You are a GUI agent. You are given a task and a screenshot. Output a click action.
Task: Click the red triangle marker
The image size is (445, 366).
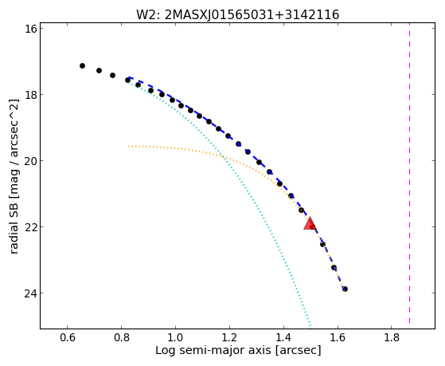pos(310,223)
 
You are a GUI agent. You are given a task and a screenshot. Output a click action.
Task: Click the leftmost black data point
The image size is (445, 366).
pos(82,65)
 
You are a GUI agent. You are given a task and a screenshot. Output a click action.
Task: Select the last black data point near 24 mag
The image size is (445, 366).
pos(345,289)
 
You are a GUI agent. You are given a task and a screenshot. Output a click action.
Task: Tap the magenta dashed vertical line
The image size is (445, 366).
pos(409,173)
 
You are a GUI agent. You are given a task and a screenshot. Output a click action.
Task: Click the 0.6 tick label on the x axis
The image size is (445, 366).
pos(67,337)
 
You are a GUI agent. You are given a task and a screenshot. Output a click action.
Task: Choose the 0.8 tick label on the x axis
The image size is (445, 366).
pos(122,337)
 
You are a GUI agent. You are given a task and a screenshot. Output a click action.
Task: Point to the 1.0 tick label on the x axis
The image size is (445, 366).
pos(175,337)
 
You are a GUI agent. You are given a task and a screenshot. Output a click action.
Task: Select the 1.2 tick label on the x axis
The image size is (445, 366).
pos(229,337)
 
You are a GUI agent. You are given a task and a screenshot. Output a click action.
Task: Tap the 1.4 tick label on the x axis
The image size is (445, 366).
pos(283,337)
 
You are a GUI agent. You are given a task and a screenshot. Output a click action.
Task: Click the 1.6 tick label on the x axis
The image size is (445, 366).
pos(338,337)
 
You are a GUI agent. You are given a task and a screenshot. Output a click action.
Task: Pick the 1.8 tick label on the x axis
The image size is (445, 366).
pos(392,337)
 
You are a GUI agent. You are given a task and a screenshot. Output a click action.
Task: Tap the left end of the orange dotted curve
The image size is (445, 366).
pos(128,146)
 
